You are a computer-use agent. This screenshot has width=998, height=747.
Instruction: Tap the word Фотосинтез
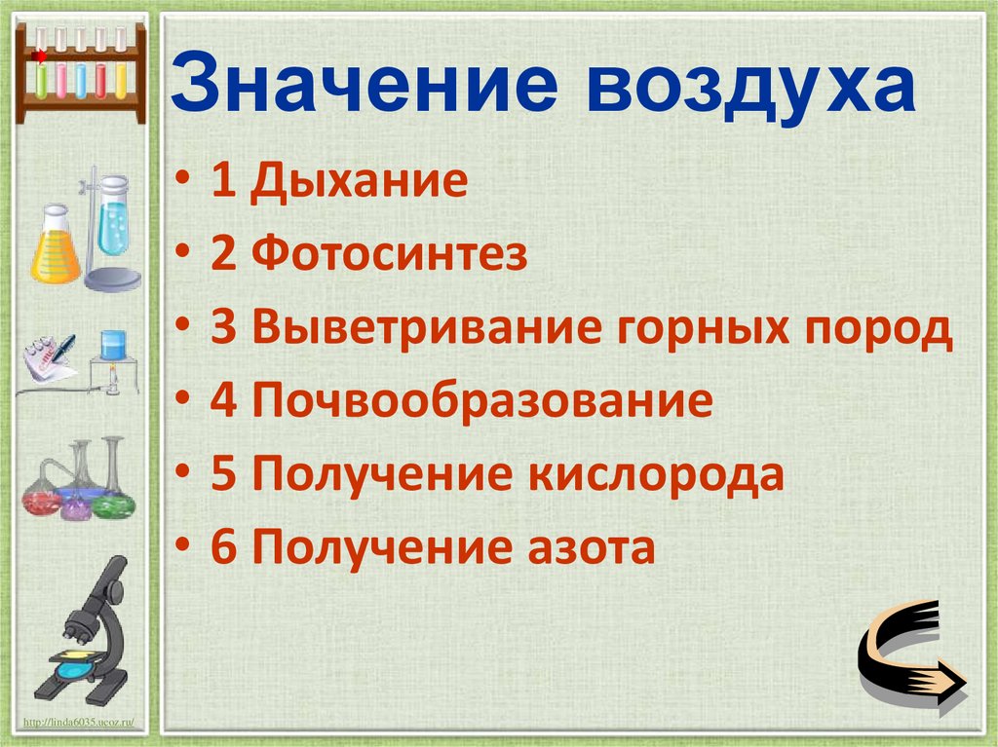tap(390, 255)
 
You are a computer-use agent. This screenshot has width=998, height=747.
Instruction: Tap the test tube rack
tap(80, 68)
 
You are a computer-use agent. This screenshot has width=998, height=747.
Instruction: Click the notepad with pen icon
tap(49, 360)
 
